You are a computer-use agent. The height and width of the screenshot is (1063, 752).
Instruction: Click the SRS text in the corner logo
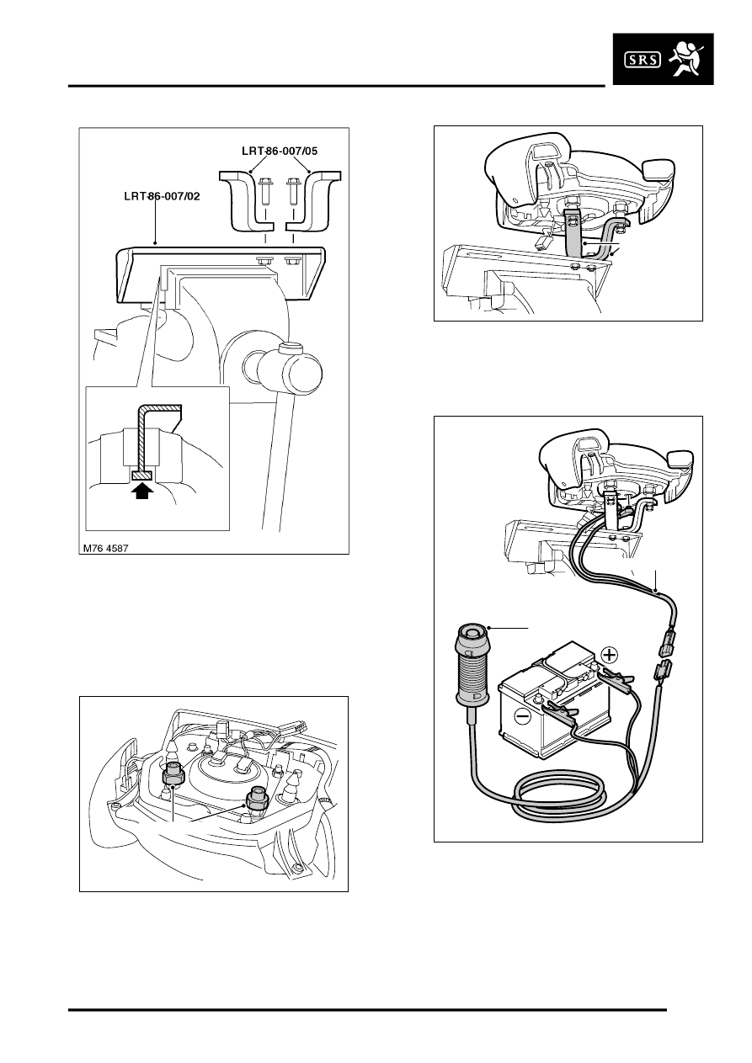646,59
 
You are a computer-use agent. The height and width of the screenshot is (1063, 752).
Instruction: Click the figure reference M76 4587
110,545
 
